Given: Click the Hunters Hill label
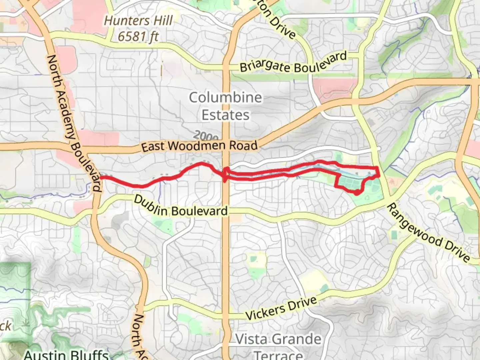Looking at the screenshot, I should point(138,21).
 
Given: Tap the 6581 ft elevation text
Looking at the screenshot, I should point(138,36).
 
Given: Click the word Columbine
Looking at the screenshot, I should point(226,98).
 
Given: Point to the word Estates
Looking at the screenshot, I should point(226,115).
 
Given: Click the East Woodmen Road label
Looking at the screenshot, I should point(199,146).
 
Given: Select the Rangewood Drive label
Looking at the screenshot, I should point(428,233).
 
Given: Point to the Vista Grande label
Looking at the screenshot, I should point(279,339).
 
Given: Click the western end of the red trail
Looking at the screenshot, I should point(101,177).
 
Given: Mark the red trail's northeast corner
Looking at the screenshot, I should point(377,167).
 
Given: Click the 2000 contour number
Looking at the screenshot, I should point(206,136).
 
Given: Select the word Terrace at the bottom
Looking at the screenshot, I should point(279,355).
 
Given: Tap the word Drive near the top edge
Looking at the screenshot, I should point(282,27).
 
